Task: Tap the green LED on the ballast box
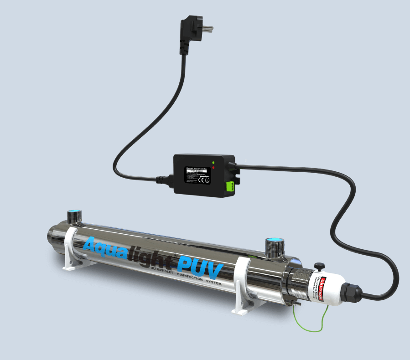[213, 162]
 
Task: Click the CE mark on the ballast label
[201, 179]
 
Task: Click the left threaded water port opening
[73, 213]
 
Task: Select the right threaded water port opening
[275, 240]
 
